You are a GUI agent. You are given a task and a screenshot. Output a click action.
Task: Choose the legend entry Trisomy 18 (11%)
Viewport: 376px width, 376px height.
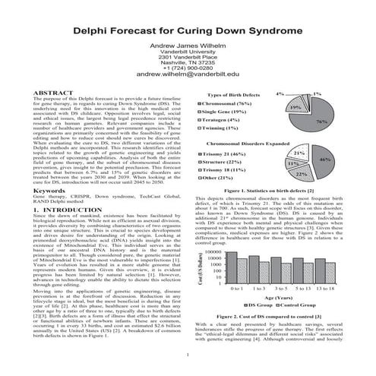[x=227, y=170]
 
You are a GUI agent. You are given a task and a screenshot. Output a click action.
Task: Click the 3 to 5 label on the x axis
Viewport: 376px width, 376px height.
[x=280, y=289]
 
